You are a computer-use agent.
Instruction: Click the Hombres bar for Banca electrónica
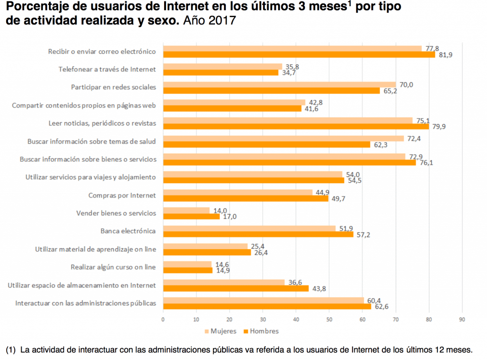pos(258,234)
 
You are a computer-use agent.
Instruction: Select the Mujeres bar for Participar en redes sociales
pos(279,84)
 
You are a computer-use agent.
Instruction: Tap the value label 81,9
pos(446,55)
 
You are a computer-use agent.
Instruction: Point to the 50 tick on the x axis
pos(329,320)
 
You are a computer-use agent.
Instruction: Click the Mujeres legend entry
pos(219,331)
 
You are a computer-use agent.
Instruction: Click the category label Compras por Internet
pos(122,195)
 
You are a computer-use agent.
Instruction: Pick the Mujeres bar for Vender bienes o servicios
pos(186,210)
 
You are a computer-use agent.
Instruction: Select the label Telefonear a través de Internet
pos(107,69)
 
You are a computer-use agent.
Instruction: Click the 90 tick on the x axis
pos(462,320)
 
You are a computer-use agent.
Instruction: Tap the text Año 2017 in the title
pos(209,22)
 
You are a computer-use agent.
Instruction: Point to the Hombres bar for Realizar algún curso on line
pos(188,270)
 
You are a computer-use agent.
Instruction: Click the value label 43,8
pos(318,289)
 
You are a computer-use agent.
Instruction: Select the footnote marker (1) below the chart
pos(11,350)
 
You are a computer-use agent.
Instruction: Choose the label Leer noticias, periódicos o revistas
pos(102,123)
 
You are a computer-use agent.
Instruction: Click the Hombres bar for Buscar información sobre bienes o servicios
pos(289,162)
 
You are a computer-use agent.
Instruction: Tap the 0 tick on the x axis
pos(163,320)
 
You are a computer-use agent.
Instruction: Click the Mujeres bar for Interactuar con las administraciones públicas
pos(263,300)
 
